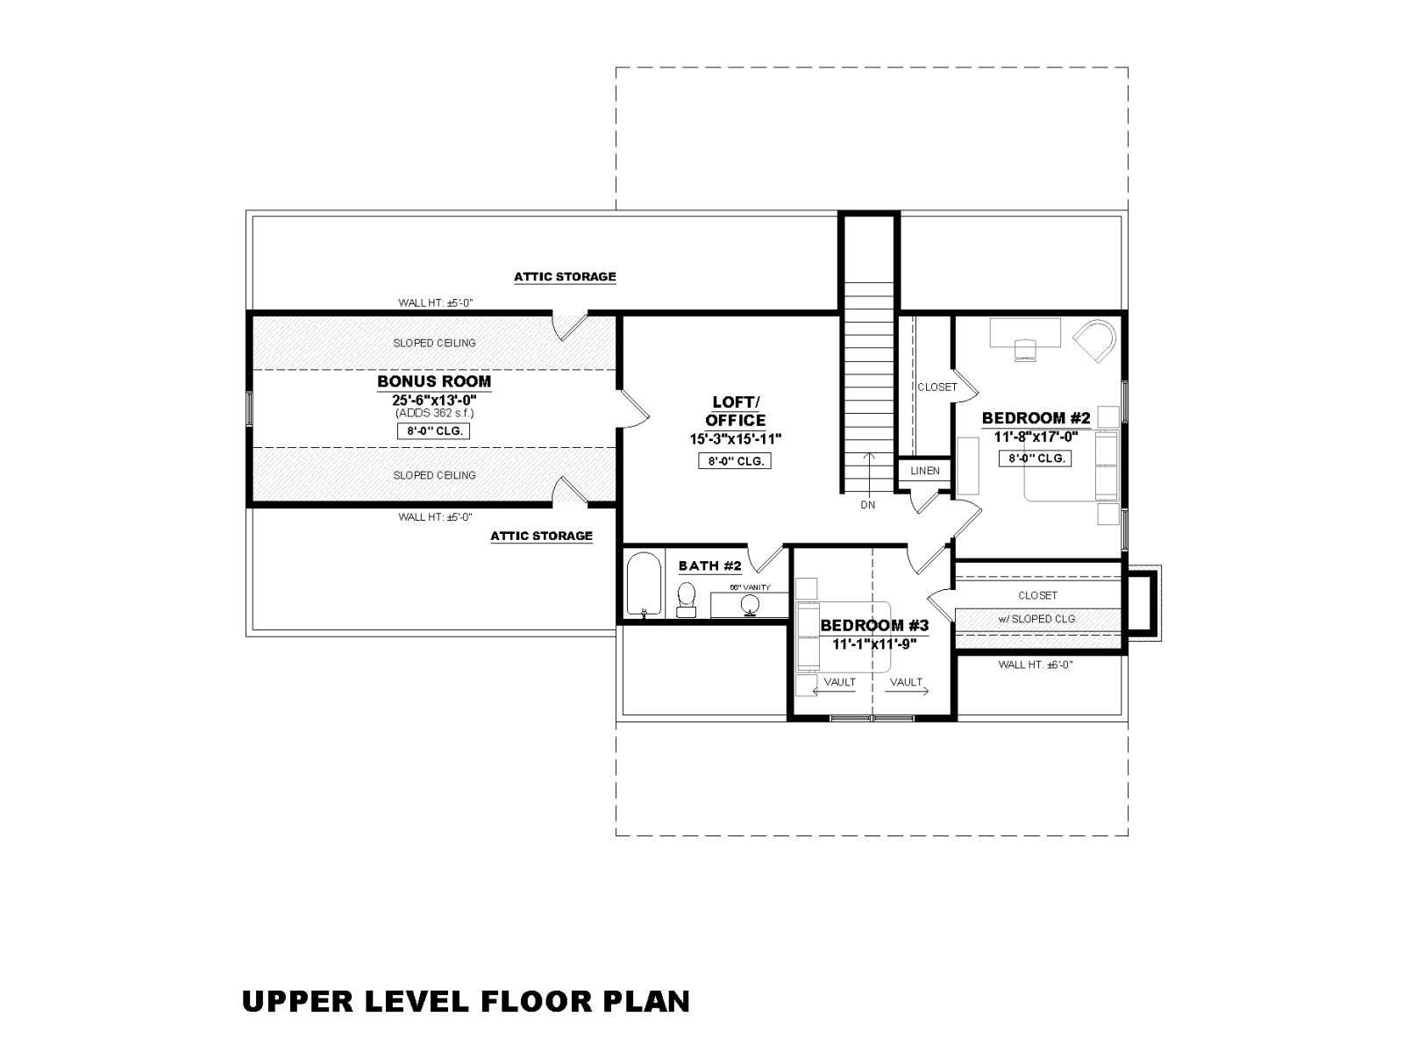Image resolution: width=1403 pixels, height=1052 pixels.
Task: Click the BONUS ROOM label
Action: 434,381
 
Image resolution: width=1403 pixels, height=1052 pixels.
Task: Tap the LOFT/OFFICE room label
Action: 736,410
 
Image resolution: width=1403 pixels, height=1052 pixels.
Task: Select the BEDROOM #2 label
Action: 1036,418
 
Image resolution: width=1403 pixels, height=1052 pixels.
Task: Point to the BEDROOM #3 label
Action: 874,625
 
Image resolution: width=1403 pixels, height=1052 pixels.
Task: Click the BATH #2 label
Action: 709,565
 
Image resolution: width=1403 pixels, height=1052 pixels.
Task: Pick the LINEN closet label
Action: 925,471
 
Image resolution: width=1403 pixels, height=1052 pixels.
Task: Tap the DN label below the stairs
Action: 867,505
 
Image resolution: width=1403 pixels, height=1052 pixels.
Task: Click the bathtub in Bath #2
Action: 644,584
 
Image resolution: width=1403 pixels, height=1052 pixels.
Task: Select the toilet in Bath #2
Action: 686,599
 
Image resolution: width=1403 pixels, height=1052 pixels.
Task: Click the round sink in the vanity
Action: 750,604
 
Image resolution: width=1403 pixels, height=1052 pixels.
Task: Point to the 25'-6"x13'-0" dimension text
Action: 434,400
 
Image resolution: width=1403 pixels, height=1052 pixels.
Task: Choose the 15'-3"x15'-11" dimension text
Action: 736,439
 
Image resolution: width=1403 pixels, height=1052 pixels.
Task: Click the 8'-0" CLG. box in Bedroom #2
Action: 1036,458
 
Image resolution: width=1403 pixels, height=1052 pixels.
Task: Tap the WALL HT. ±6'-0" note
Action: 1036,665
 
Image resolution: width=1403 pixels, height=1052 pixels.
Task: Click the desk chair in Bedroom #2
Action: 1025,350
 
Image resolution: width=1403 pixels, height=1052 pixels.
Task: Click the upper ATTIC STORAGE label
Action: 565,276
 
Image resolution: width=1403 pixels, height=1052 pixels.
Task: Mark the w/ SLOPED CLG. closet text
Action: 1037,618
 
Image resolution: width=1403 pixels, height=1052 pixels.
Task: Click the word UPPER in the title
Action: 297,1001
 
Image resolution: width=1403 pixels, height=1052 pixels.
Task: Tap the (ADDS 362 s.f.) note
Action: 435,413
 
